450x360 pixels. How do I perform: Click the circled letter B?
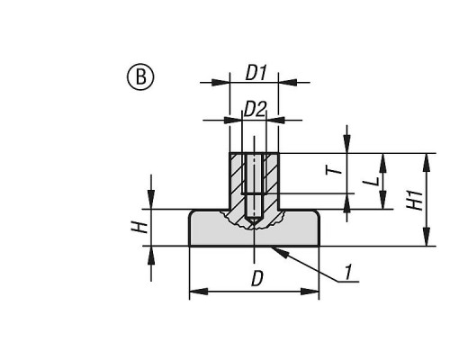click(x=140, y=76)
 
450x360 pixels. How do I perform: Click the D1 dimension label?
click(x=256, y=73)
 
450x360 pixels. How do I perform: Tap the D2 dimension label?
click(x=255, y=109)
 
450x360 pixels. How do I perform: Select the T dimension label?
click(x=334, y=171)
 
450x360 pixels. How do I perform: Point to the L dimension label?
click(x=372, y=181)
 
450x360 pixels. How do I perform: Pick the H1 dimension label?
click(x=415, y=199)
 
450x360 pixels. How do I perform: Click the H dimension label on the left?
click(x=139, y=228)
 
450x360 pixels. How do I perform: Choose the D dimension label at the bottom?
click(x=256, y=279)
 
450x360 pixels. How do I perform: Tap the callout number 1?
click(x=347, y=272)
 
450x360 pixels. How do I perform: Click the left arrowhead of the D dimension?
click(x=199, y=292)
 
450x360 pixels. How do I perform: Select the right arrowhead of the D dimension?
click(x=310, y=292)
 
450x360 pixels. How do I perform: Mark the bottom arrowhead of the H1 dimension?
click(x=427, y=237)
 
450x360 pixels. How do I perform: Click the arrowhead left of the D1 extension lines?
click(x=220, y=82)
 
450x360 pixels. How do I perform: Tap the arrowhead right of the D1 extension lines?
click(x=288, y=82)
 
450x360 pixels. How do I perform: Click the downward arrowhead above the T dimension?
click(x=347, y=144)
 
